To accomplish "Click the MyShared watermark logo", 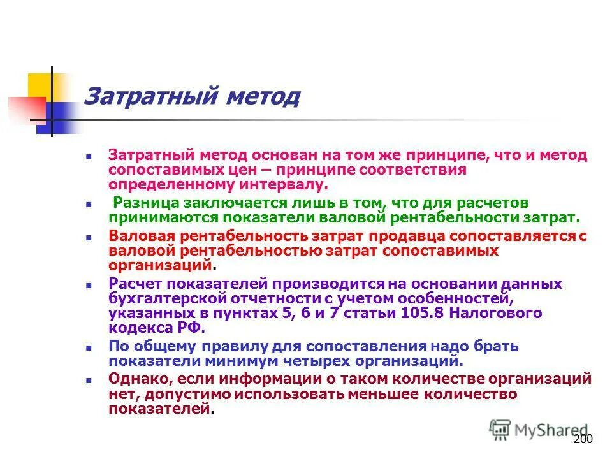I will pos(538,430).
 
